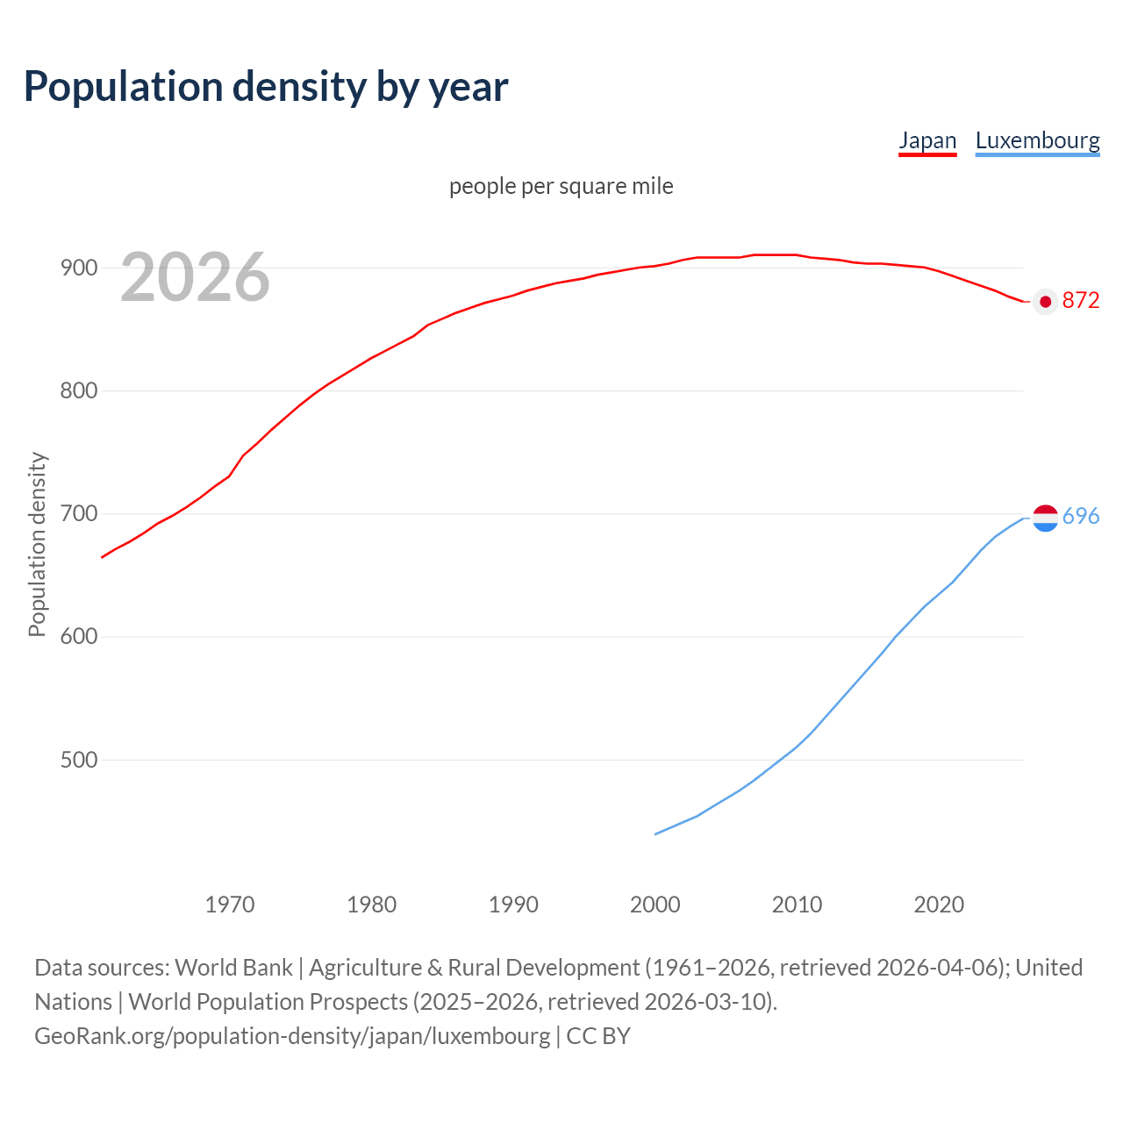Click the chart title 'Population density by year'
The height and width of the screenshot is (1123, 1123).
(x=266, y=86)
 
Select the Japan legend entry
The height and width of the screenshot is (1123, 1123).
(x=927, y=140)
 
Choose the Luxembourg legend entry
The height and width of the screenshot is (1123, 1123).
(x=1037, y=140)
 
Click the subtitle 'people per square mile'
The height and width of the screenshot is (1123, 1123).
(x=561, y=186)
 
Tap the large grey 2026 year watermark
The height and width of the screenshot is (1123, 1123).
(x=195, y=277)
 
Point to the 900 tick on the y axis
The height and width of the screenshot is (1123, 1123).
(x=79, y=268)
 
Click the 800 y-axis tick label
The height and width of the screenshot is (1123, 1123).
(x=79, y=390)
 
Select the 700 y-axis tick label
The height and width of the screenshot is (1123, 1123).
(x=79, y=513)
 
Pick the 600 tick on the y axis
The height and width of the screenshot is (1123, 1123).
(x=79, y=636)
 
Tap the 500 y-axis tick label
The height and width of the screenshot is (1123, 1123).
(x=79, y=760)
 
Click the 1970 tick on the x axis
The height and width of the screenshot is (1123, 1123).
(x=230, y=904)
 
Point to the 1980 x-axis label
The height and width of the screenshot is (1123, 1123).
(x=372, y=904)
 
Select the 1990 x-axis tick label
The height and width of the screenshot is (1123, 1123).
(x=513, y=904)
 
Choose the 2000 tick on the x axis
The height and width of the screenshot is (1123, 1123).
(x=655, y=904)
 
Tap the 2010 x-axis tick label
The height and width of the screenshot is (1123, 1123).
(x=797, y=904)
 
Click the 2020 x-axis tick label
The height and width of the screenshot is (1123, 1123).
(x=939, y=904)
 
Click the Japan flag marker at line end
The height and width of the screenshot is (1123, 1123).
(x=1045, y=302)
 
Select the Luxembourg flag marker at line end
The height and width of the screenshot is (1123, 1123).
(x=1045, y=519)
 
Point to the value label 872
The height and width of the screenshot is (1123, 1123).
(x=1081, y=301)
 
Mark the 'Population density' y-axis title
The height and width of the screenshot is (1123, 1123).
(x=37, y=544)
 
